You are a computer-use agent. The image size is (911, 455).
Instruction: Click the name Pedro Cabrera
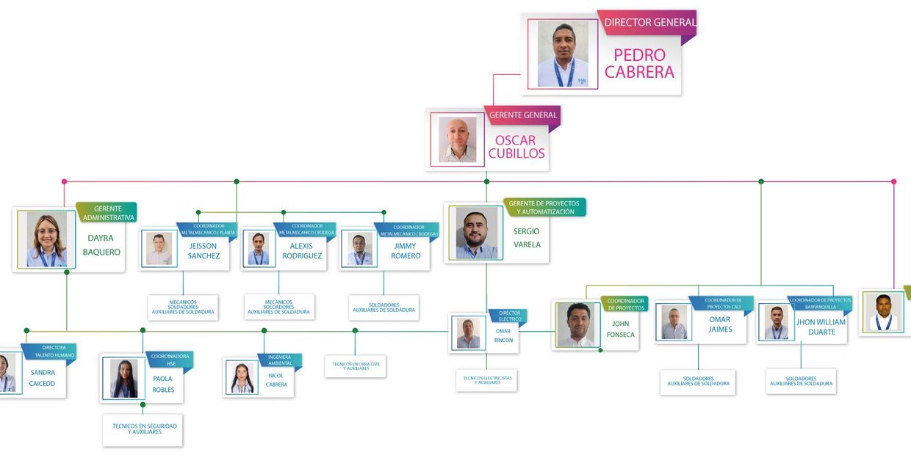click(639, 64)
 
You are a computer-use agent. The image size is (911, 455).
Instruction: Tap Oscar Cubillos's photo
click(457, 139)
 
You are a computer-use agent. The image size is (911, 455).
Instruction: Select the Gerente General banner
click(522, 115)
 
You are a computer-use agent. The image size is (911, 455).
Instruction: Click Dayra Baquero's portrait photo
click(46, 240)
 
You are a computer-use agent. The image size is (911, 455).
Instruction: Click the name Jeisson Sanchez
click(204, 251)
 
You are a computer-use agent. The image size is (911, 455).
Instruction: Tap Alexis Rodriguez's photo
click(259, 250)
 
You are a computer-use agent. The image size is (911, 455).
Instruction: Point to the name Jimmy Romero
click(405, 251)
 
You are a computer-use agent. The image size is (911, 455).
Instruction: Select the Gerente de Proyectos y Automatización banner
click(544, 207)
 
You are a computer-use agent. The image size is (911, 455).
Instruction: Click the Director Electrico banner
click(509, 316)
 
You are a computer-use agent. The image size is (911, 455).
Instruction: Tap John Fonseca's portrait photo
click(579, 324)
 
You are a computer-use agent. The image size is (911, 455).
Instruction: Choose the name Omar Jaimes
click(720, 324)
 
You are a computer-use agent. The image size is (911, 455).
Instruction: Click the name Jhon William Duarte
click(821, 327)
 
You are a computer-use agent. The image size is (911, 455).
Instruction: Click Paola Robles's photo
click(123, 379)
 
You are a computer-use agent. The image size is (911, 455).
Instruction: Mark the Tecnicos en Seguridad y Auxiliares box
click(144, 429)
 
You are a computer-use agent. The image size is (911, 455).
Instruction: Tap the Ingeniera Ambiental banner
click(279, 360)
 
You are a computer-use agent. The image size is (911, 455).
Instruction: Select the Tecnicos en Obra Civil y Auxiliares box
click(355, 365)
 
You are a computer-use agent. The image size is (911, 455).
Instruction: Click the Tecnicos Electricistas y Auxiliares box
click(487, 380)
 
